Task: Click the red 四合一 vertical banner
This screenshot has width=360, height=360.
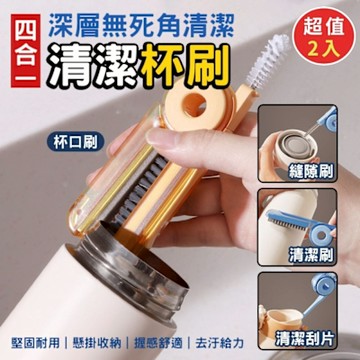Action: point(26,51)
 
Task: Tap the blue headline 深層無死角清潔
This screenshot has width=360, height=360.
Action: point(140,25)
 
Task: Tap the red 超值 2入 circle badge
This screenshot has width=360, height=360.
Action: point(323,36)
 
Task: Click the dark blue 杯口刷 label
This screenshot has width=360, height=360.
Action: point(75,142)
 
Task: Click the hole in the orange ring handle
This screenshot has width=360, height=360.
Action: point(194,104)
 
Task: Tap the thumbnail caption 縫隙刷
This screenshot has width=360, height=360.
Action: point(312,173)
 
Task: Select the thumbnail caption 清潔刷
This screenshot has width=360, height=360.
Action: point(312,255)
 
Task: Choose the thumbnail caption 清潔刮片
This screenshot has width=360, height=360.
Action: point(305,339)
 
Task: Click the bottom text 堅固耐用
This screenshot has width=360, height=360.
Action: point(35,343)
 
